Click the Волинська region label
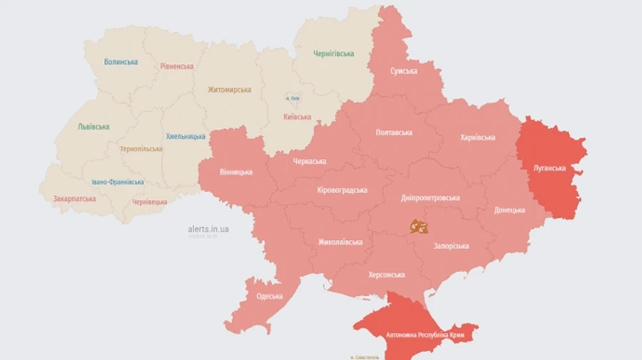pos(121,62)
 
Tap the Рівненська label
pos(177,66)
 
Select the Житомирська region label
pos(229,90)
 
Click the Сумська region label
pos(404,72)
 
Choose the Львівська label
pos(93,127)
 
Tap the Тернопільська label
pos(141,149)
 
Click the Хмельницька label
pos(185,136)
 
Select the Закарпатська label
pos(74,198)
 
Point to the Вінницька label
pos(235,173)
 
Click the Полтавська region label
pos(394,133)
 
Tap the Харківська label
pos(478,137)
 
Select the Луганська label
pos(549,168)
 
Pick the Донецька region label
pos(509,210)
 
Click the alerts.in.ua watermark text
pos(208,229)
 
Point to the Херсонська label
pos(387,274)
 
